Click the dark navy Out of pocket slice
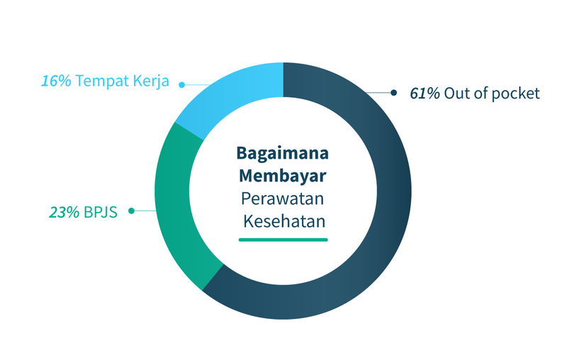tap(383, 213)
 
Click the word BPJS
tap(100, 211)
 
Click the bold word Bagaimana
tap(283, 153)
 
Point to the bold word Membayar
tap(283, 175)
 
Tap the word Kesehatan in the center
tap(284, 220)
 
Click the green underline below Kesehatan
tap(283, 240)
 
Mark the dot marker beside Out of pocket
tap(394, 93)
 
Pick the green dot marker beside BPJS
tap(132, 210)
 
